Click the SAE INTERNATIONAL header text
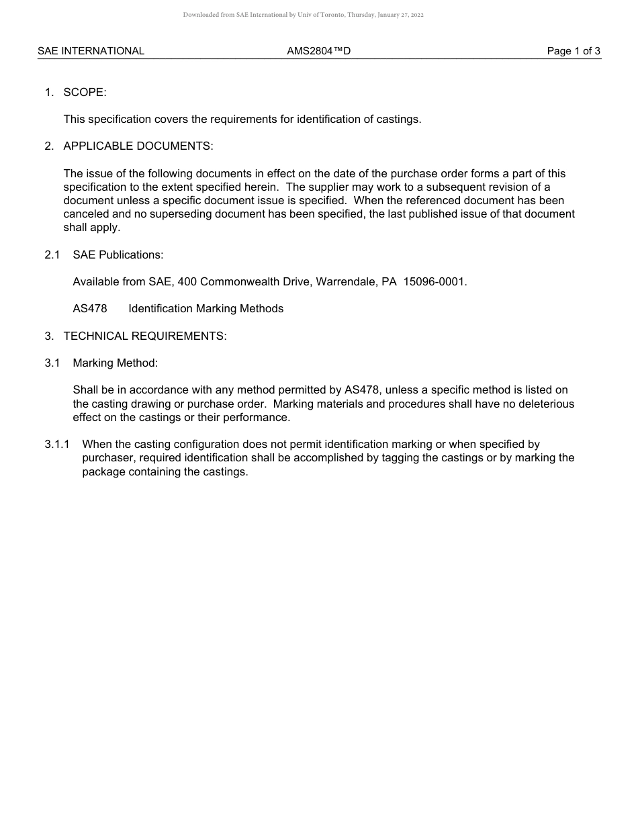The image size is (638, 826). click(91, 51)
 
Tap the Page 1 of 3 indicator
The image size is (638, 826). click(574, 51)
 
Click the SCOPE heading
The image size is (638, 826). click(85, 93)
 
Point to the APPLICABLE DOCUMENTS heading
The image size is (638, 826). click(138, 146)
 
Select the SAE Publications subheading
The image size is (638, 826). click(118, 255)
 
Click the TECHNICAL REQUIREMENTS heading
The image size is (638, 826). click(145, 336)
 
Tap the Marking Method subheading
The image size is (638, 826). click(115, 363)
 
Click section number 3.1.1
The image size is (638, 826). click(57, 445)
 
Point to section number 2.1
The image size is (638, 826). click(52, 255)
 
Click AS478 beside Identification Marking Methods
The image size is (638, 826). click(90, 309)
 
